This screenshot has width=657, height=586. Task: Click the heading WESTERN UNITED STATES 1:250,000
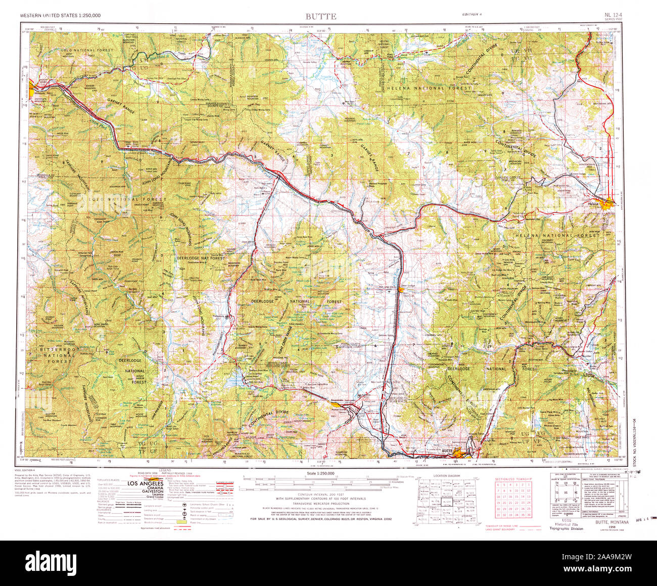[60, 16]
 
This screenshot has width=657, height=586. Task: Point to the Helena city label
[593, 204]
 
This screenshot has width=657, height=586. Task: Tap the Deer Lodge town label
[407, 286]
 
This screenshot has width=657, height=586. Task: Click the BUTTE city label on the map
[446, 450]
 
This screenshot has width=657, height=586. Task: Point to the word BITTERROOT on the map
[58, 349]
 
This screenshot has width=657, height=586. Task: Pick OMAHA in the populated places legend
[148, 489]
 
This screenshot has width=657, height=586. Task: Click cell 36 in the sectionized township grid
[529, 515]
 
